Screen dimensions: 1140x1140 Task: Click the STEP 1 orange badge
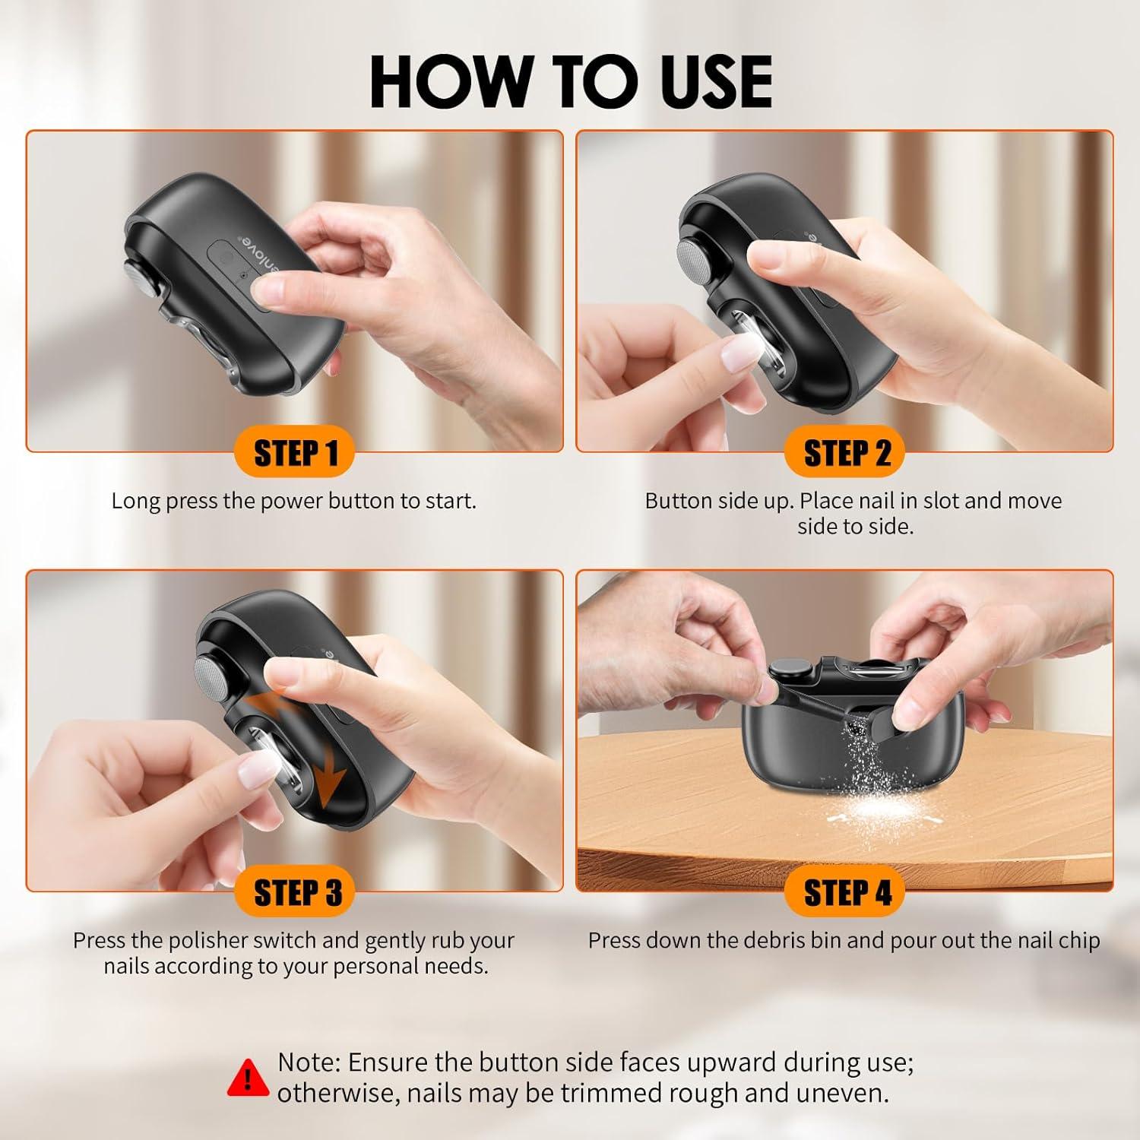point(295,453)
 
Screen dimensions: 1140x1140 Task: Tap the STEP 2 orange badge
point(847,453)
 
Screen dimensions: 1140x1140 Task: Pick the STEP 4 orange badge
point(847,892)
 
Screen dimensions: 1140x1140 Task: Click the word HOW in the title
point(450,81)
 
